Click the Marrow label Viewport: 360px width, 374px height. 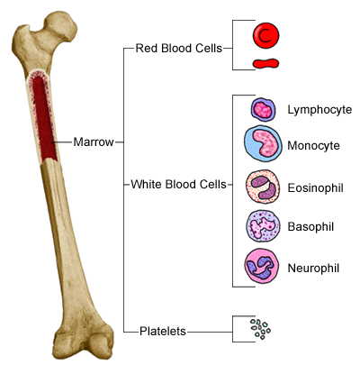(x=94, y=141)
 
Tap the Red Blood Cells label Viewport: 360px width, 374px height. (x=179, y=48)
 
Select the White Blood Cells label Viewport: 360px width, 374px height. (x=178, y=184)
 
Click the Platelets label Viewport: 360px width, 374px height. (x=163, y=332)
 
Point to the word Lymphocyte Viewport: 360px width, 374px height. (x=319, y=110)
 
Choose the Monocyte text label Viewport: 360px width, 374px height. (x=313, y=146)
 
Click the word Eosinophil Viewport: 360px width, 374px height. (x=315, y=188)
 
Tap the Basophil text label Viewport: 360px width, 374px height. (x=310, y=226)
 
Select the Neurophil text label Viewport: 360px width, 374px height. (x=313, y=268)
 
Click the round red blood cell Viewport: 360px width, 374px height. (x=265, y=35)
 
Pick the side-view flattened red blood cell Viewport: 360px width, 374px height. (x=265, y=63)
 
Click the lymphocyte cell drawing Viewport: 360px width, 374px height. (x=263, y=110)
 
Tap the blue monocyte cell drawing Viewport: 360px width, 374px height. (x=263, y=144)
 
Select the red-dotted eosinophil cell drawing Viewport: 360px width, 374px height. (x=263, y=187)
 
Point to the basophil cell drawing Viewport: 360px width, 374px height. (x=263, y=226)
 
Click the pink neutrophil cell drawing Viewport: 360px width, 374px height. (x=262, y=266)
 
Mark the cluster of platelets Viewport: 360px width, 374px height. (x=260, y=329)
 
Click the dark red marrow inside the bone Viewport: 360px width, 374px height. (x=44, y=118)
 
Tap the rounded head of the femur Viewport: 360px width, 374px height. (x=61, y=26)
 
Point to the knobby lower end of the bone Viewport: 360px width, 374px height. (x=83, y=342)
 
